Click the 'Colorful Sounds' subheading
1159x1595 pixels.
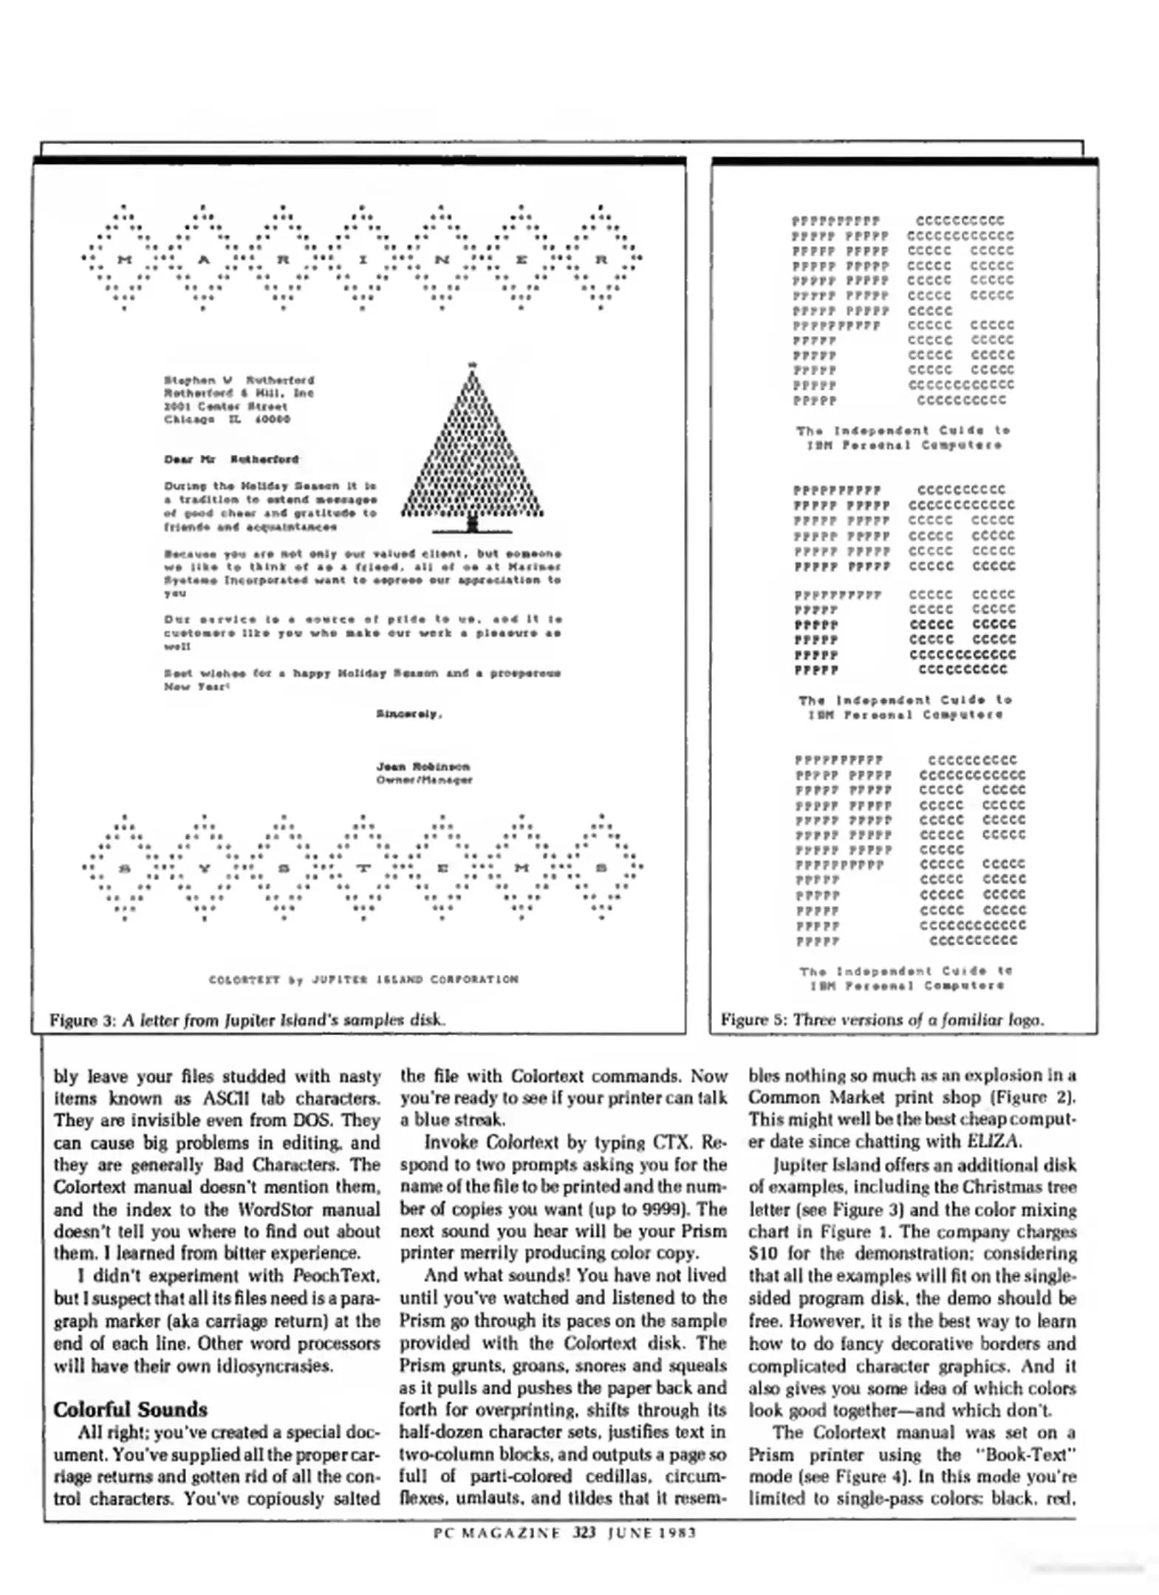130,1409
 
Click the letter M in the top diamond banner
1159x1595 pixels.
124,260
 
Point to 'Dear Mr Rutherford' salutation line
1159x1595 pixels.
231,459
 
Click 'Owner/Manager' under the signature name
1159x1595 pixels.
424,780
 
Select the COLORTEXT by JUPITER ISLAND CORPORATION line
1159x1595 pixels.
363,979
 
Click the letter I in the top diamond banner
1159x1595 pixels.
363,260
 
